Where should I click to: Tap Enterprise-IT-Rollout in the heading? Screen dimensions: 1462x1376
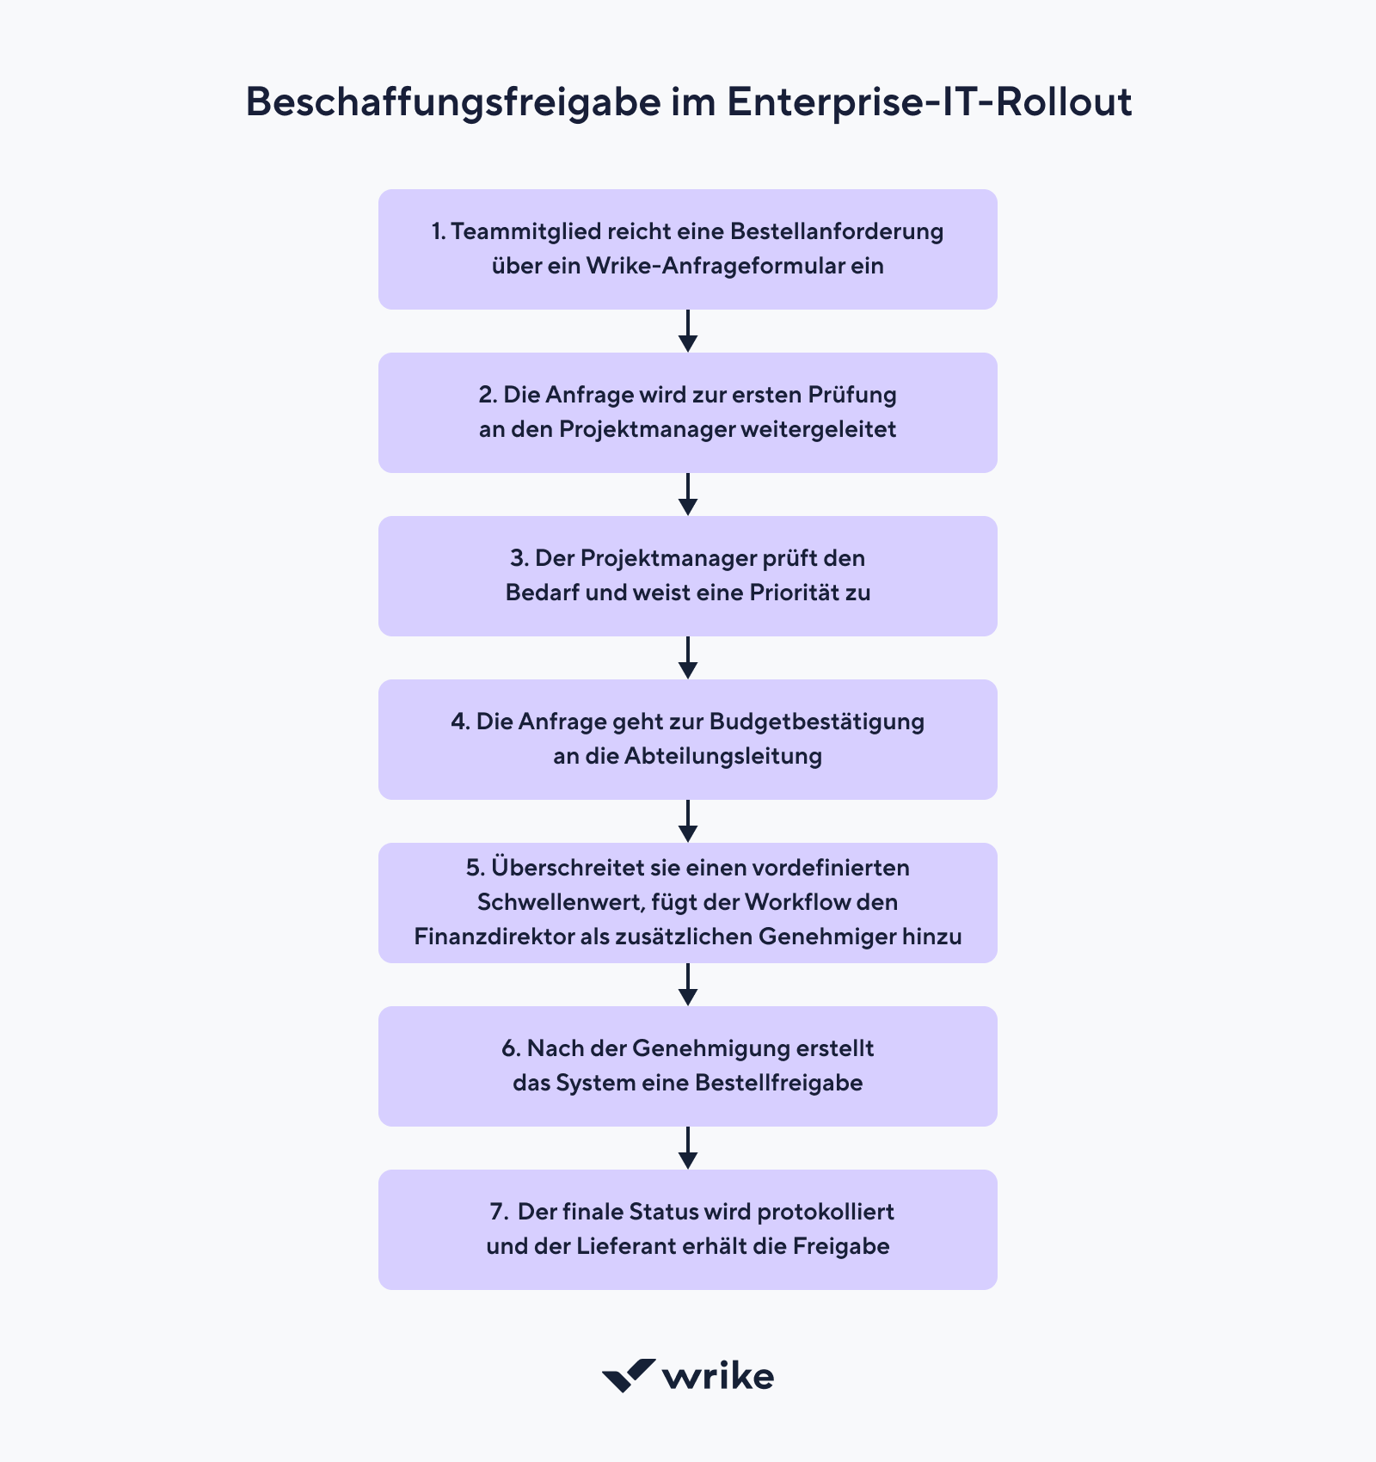pyautogui.click(x=929, y=102)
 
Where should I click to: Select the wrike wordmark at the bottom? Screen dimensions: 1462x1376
pyautogui.click(x=718, y=1376)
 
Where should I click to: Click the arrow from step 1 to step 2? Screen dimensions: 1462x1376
pyautogui.click(x=688, y=331)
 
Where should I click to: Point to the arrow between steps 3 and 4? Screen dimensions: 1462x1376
pyautogui.click(x=688, y=658)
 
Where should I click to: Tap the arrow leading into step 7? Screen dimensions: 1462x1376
pyautogui.click(x=688, y=1148)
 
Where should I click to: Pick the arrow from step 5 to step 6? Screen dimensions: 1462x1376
pyautogui.click(x=688, y=985)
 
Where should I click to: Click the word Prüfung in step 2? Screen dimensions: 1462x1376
pyautogui.click(x=851, y=395)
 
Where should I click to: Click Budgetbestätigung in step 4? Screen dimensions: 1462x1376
pyautogui.click(x=817, y=722)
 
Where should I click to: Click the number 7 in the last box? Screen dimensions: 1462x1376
pyautogui.click(x=496, y=1212)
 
